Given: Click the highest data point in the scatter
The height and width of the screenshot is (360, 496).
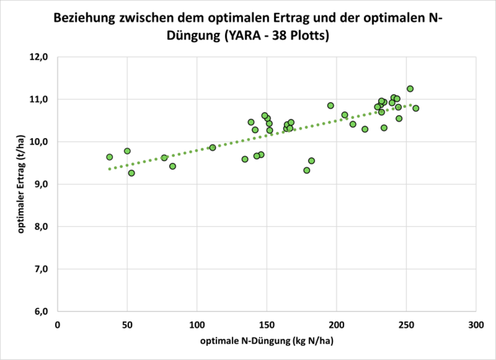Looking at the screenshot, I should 410,89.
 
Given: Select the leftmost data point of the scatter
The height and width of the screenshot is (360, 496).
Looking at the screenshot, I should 109,157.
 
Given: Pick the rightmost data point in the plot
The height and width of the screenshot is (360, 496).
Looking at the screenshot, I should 416,108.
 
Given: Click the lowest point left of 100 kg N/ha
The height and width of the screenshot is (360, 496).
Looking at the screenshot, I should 131,173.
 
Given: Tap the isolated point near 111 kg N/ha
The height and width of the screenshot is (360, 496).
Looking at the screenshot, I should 212,147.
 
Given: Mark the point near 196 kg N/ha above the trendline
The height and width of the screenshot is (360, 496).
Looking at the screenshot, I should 330,105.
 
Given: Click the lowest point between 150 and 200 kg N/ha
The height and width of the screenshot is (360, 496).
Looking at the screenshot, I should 307,170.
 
